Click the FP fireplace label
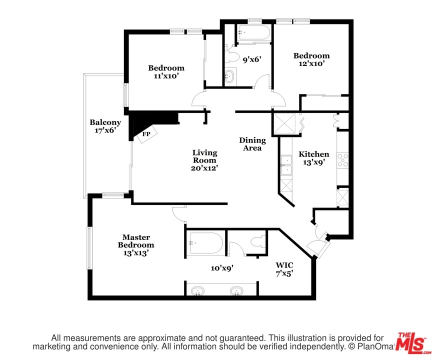coord(146,134)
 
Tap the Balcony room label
coord(105,122)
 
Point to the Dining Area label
coord(252,144)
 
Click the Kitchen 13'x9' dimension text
coord(314,162)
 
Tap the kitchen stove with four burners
coord(342,160)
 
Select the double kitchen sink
coord(286,165)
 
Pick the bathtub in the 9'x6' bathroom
coord(253,33)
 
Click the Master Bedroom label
coord(136,241)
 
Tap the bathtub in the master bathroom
coord(206,243)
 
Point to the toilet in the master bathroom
coord(258,241)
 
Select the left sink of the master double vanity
coord(197,290)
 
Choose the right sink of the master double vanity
coord(236,290)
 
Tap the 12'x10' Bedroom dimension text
coord(311,63)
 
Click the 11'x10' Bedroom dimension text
coord(166,76)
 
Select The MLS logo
coord(412,343)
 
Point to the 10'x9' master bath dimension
coord(222,268)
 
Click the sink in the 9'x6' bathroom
coord(229,76)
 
